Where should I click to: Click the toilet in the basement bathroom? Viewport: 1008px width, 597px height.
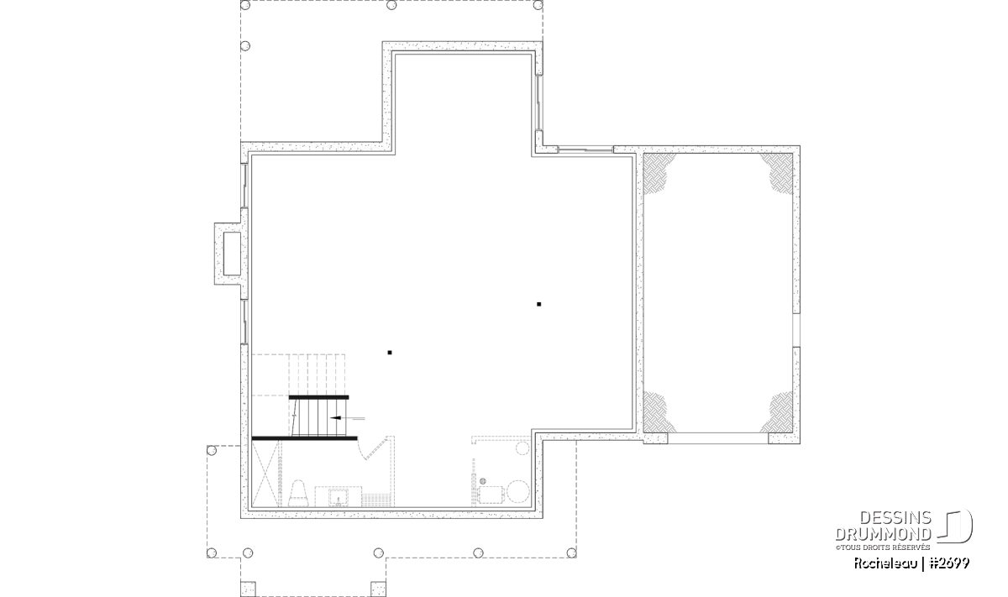tap(297, 494)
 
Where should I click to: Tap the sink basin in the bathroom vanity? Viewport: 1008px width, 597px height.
tap(338, 498)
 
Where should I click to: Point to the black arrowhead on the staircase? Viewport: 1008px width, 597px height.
tap(335, 418)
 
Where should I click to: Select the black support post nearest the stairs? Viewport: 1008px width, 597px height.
tap(390, 353)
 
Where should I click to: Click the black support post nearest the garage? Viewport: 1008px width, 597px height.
tap(538, 304)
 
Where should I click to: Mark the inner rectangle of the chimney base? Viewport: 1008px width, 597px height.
tap(232, 254)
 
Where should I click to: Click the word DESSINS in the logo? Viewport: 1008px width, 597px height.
tap(895, 518)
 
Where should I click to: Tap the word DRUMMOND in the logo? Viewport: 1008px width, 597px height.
tap(883, 534)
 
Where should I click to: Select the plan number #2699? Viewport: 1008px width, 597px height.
tap(948, 563)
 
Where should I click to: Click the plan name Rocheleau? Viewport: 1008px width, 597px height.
tap(885, 563)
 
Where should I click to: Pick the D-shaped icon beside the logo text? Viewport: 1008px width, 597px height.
tap(955, 526)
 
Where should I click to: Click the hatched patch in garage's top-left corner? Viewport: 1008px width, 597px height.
tap(658, 173)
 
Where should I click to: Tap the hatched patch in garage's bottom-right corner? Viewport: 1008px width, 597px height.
tap(778, 412)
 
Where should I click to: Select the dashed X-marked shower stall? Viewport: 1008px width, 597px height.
tap(266, 474)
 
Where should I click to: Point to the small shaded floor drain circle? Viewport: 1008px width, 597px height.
tap(483, 481)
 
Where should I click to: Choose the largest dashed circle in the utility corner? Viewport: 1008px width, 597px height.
tap(518, 491)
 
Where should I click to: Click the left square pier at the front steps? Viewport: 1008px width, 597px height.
tap(248, 589)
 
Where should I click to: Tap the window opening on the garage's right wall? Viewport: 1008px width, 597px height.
tap(796, 330)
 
